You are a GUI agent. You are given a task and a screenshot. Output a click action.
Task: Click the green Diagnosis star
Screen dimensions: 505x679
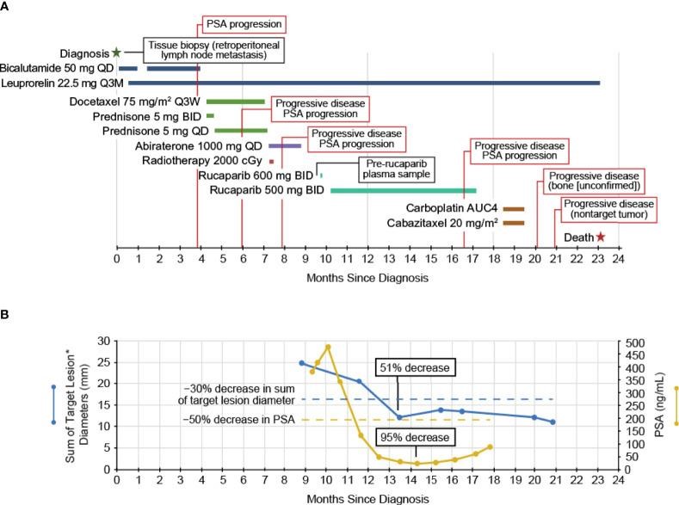(116, 52)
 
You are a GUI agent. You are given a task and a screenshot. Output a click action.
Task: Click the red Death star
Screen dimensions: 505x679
(600, 237)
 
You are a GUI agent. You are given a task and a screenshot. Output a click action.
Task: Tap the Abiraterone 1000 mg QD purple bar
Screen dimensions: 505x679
(285, 145)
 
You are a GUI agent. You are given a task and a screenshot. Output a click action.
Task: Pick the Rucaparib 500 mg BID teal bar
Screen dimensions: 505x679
(403, 190)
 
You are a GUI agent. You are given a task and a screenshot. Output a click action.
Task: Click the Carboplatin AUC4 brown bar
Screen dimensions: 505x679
(514, 208)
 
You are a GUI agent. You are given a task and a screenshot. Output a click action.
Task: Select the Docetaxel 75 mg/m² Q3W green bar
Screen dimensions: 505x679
(235, 101)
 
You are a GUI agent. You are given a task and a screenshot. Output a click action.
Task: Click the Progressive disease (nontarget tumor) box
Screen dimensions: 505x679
(608, 208)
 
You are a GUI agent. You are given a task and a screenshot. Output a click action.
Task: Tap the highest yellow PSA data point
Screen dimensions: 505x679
(328, 347)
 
